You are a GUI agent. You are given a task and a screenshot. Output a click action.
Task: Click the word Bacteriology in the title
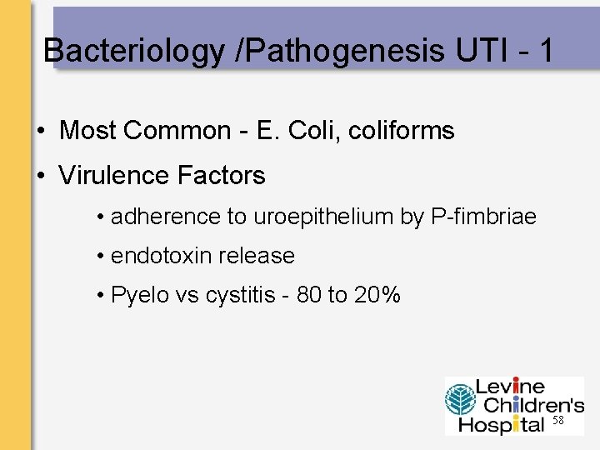[133, 52]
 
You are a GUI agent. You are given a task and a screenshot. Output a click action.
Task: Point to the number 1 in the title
[546, 52]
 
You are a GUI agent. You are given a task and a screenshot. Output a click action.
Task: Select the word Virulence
[115, 176]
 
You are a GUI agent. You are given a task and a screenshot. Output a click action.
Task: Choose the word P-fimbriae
[483, 217]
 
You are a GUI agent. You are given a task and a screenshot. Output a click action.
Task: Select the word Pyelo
[139, 295]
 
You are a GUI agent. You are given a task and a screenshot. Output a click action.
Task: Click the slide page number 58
[558, 422]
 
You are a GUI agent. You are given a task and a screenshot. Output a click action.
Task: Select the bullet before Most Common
[40, 132]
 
